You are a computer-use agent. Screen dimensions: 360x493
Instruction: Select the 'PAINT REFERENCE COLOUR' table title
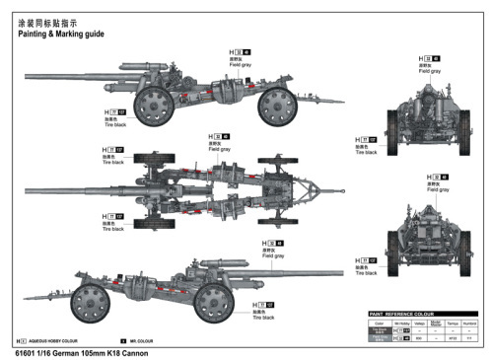point(407,315)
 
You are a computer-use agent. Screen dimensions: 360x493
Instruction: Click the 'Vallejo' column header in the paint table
point(420,323)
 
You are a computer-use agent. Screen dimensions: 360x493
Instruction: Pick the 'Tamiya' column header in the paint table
point(453,323)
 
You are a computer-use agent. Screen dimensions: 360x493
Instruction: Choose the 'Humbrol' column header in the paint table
point(470,323)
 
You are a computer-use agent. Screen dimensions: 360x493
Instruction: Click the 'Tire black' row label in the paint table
point(379,330)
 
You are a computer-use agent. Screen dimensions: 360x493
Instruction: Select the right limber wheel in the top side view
point(279,106)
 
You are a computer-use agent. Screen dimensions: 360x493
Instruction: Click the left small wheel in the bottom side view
point(91,299)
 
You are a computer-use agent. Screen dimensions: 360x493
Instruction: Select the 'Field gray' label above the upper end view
point(429,71)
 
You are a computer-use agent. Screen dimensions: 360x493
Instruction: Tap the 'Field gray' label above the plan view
point(219,149)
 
